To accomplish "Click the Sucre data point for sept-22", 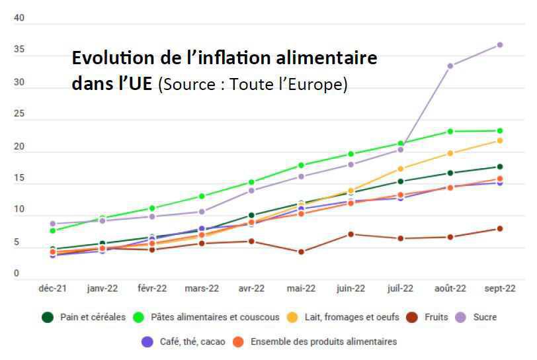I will (x=500, y=45).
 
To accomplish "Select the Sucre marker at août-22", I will (x=450, y=66).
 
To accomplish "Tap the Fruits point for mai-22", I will (x=301, y=251).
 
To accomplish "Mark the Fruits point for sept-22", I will (x=500, y=229).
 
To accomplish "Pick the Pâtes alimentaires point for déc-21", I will (x=52, y=230).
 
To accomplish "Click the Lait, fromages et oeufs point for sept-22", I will (x=500, y=140).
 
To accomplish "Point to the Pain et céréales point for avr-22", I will (x=251, y=215).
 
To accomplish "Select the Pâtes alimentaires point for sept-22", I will (x=500, y=131).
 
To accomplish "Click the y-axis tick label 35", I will (x=19, y=50).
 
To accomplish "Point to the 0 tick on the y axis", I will (x=19, y=273).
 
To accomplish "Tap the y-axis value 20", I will (x=19, y=146).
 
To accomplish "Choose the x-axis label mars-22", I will (x=202, y=289).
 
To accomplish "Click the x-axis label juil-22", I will (x=401, y=289).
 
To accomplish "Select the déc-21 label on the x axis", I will (x=52, y=289).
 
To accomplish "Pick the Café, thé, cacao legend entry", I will (x=192, y=342).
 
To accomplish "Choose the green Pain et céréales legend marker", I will (x=48, y=318).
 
